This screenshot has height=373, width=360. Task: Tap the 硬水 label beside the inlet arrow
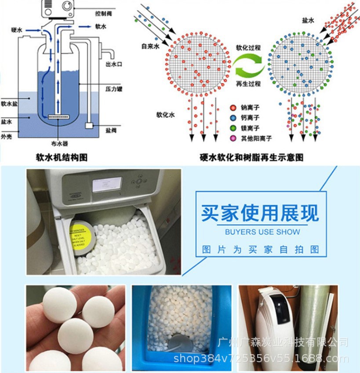pyautogui.click(x=17, y=30)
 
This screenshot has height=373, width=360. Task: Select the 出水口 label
pyautogui.click(x=113, y=64)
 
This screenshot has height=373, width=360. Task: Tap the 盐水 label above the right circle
pyautogui.click(x=308, y=21)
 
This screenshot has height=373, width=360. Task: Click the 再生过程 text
pyautogui.click(x=248, y=83)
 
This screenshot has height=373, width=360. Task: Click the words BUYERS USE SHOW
pyautogui.click(x=262, y=232)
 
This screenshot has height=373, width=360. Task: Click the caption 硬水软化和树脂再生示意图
pyautogui.click(x=251, y=157)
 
